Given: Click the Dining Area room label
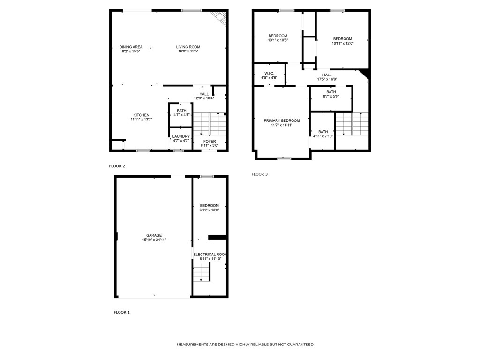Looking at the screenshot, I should coord(131,47).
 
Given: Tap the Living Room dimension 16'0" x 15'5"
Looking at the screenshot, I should coord(188,51).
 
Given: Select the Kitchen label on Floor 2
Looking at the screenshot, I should coord(141,115).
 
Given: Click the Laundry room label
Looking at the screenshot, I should coord(181,136).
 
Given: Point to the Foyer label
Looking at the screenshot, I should coord(210,141).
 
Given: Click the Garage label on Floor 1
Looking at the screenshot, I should coord(154,235).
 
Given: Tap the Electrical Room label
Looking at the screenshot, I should coord(210,255).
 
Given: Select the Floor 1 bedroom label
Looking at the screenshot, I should coord(209,206).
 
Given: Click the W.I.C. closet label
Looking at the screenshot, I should coord(269,73).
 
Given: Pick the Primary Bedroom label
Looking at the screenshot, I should coord(281,121).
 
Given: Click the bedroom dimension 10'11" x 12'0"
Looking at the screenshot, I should coord(342,44).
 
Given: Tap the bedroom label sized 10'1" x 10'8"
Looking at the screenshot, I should coord(277,36).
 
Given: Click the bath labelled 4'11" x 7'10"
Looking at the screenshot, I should coord(323,132).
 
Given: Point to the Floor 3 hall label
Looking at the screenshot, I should coord(327,75).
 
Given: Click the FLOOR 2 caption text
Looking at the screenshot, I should coord(117,166).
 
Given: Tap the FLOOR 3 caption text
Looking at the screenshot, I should coord(259,174).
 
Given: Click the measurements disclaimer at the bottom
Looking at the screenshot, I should coord(245,345).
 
